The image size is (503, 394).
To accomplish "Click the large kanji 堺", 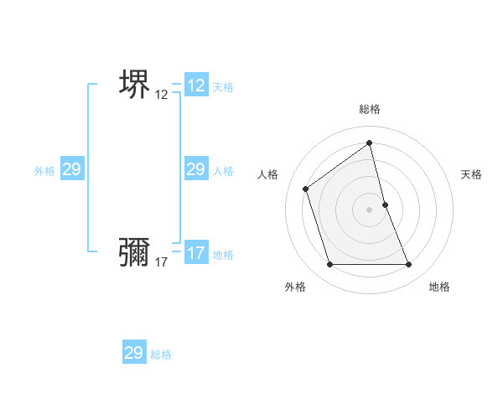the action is (134, 84).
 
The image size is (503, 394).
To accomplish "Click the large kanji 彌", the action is (134, 251).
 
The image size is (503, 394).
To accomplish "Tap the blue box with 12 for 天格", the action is (196, 86).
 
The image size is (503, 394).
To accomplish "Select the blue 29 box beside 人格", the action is (196, 169).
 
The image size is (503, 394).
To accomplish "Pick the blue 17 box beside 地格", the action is (196, 253).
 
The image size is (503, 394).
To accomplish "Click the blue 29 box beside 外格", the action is (71, 169).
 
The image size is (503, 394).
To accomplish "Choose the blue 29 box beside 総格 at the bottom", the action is (134, 353).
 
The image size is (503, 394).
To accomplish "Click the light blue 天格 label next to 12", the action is (223, 87).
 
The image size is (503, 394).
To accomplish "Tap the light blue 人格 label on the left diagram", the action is (223, 171).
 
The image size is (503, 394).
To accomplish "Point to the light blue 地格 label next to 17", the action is (223, 255).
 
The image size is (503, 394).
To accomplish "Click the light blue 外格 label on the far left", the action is (44, 171).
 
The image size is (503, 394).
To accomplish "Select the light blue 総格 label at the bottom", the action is (161, 355).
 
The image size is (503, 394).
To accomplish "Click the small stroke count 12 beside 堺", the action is (162, 95).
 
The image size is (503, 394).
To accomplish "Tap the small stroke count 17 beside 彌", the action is (162, 262).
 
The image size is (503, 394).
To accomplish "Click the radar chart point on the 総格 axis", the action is (369, 143).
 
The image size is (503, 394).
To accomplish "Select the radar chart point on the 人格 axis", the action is (306, 189).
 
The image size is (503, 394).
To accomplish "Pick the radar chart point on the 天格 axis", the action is (385, 205).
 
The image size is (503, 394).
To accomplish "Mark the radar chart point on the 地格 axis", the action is (408, 265).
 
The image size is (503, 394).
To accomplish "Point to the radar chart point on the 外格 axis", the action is (329, 265).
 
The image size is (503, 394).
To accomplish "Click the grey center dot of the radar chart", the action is (369, 210).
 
